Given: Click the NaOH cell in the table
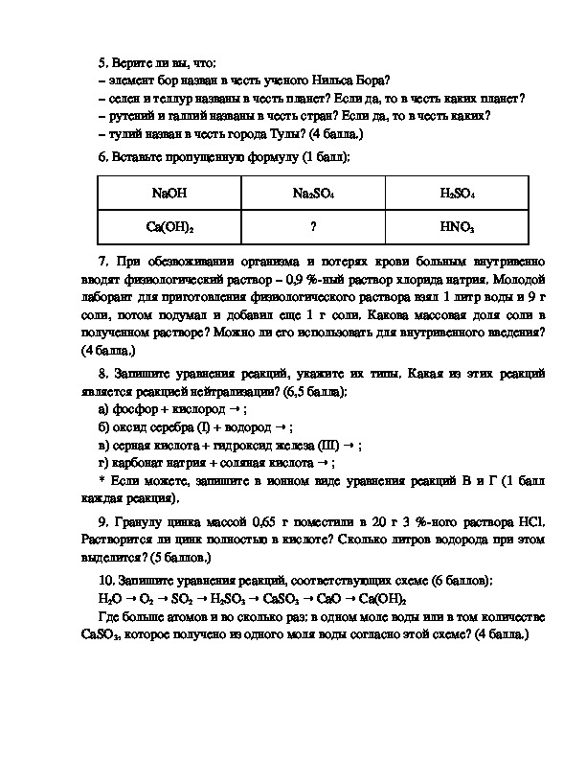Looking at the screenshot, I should pyautogui.click(x=169, y=193).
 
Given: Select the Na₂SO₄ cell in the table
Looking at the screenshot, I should pyautogui.click(x=313, y=193).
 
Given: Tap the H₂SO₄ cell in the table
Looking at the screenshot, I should pyautogui.click(x=458, y=193).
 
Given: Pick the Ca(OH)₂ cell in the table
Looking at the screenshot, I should pyautogui.click(x=169, y=227).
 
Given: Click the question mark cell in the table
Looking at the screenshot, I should pyautogui.click(x=313, y=227).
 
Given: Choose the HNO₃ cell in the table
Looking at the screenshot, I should pyautogui.click(x=458, y=227).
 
